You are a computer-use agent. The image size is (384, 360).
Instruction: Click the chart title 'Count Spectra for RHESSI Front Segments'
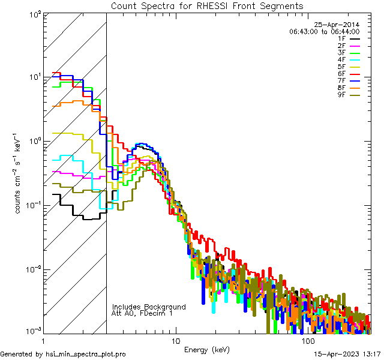coord(207,6)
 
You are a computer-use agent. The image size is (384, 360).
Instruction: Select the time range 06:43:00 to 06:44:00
coord(324,31)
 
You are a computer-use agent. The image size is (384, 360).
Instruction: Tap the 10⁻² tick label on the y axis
coord(32,269)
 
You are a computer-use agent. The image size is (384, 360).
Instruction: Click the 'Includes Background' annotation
coord(149,307)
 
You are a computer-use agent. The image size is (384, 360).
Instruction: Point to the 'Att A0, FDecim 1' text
coord(143,313)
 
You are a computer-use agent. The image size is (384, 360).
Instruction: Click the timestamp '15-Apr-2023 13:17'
coord(347,354)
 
